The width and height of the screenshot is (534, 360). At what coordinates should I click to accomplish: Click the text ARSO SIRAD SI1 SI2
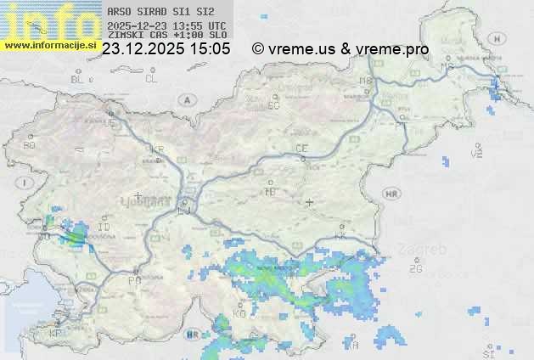(161, 12)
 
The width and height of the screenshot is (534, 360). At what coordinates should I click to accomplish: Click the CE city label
(301, 149)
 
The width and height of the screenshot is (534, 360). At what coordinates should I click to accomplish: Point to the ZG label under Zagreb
(415, 269)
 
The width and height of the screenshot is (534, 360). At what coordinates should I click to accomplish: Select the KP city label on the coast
(56, 334)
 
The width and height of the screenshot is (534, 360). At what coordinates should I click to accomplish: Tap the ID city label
(104, 228)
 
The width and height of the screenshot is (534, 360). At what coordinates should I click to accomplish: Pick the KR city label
(157, 149)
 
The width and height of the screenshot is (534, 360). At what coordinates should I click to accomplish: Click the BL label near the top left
(77, 79)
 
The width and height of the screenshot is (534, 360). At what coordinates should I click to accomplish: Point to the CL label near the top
(151, 79)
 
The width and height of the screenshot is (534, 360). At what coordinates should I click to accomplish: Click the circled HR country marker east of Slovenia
(391, 194)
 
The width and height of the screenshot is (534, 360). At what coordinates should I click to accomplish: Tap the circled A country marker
(186, 99)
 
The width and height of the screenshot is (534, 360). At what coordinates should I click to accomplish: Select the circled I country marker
(26, 183)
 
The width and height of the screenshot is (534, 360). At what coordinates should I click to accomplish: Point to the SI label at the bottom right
(488, 352)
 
